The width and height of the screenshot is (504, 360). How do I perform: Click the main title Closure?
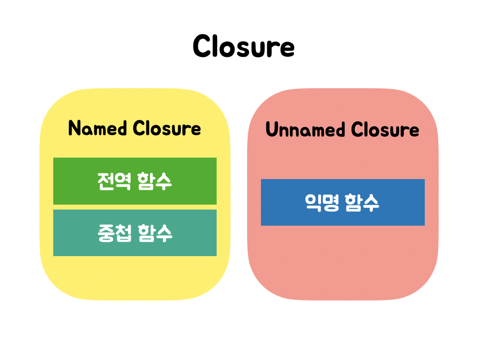click(243, 46)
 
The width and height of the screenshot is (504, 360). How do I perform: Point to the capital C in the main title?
click(202, 46)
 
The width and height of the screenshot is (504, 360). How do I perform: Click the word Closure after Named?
click(167, 129)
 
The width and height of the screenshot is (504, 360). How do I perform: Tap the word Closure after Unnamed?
click(385, 130)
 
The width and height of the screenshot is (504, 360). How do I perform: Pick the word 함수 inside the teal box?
click(155, 233)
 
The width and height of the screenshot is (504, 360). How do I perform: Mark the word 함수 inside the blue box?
click(363, 202)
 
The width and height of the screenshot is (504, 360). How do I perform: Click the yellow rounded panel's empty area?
click(134, 278)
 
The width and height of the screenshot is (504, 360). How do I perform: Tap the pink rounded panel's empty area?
click(342, 264)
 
